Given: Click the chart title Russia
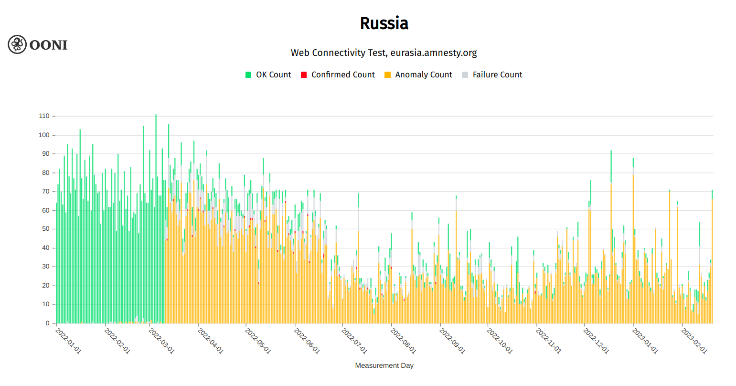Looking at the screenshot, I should [384, 23].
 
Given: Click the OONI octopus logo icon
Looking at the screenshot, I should [17, 44].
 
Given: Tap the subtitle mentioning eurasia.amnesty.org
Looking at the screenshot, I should [384, 53].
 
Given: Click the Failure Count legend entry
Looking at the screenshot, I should [497, 75].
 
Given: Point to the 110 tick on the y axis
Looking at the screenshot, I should [44, 116].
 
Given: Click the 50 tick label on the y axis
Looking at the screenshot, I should [46, 229].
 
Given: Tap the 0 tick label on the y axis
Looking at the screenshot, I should [47, 323].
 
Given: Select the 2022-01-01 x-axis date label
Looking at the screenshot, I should [69, 341].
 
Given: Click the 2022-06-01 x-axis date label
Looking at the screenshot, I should [307, 341].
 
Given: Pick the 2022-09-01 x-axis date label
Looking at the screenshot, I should [452, 341].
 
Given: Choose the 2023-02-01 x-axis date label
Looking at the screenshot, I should [694, 341].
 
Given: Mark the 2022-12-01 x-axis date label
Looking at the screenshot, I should [596, 341].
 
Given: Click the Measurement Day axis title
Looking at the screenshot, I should [384, 365].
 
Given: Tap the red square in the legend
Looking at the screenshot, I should [304, 75].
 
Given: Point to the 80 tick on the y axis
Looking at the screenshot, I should [46, 172].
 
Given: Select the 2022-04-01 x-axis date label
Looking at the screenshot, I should [210, 341].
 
